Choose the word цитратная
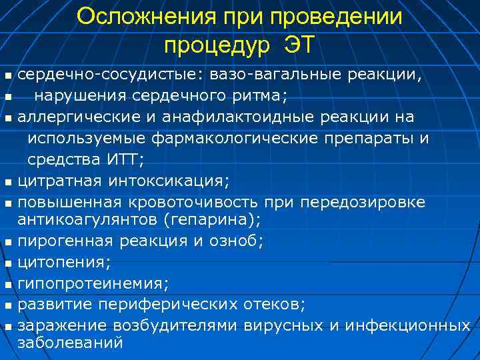pyautogui.click(x=60, y=180)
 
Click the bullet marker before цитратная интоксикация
pyautogui.click(x=7, y=181)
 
